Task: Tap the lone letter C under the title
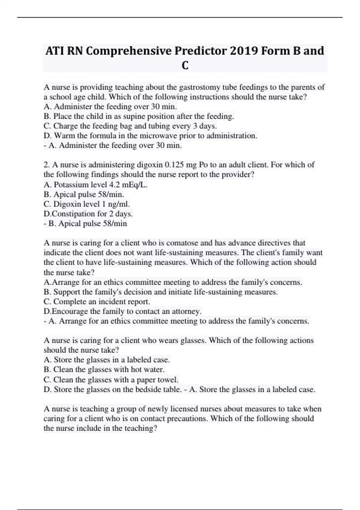click(185, 65)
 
